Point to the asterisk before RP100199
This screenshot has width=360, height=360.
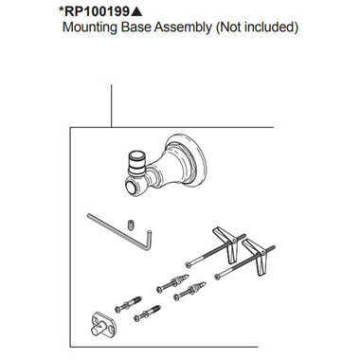pyautogui.click(x=66, y=9)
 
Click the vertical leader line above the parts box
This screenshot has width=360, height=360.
pyautogui.click(x=112, y=106)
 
